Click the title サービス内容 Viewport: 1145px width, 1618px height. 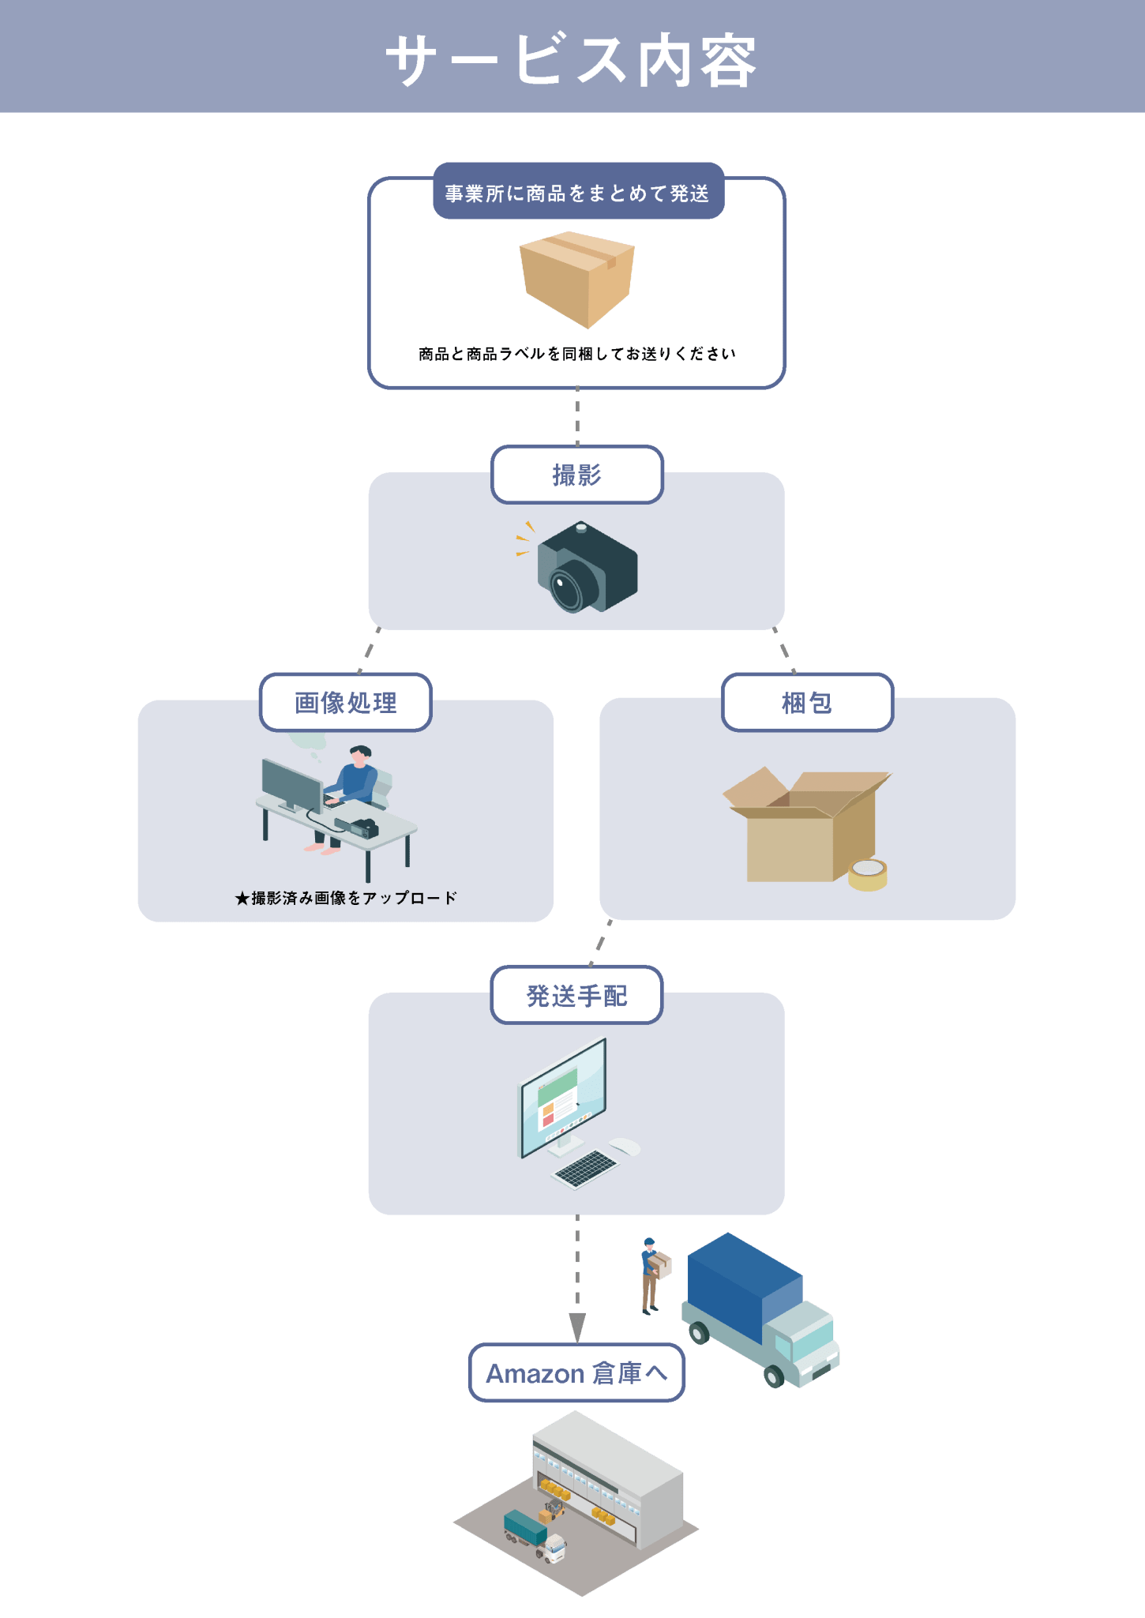pos(572,60)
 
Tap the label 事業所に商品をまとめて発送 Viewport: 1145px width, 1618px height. pos(577,193)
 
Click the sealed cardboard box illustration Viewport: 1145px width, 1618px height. pos(577,278)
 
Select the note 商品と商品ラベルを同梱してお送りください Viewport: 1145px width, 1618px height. pos(577,354)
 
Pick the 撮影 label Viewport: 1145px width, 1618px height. pos(577,475)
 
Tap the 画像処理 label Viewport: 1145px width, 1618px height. pos(346,702)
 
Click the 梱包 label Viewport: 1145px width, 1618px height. pos(807,702)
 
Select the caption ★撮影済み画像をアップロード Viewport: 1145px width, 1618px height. pos(346,898)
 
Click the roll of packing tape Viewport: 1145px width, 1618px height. pos(868,874)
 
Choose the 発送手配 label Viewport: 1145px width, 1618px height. pos(577,996)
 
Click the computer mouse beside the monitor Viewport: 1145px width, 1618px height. pos(625,1146)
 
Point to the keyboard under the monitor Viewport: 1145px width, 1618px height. pos(585,1169)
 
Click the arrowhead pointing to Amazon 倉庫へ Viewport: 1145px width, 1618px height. pos(577,1327)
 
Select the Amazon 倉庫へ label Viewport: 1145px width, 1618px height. pos(577,1373)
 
